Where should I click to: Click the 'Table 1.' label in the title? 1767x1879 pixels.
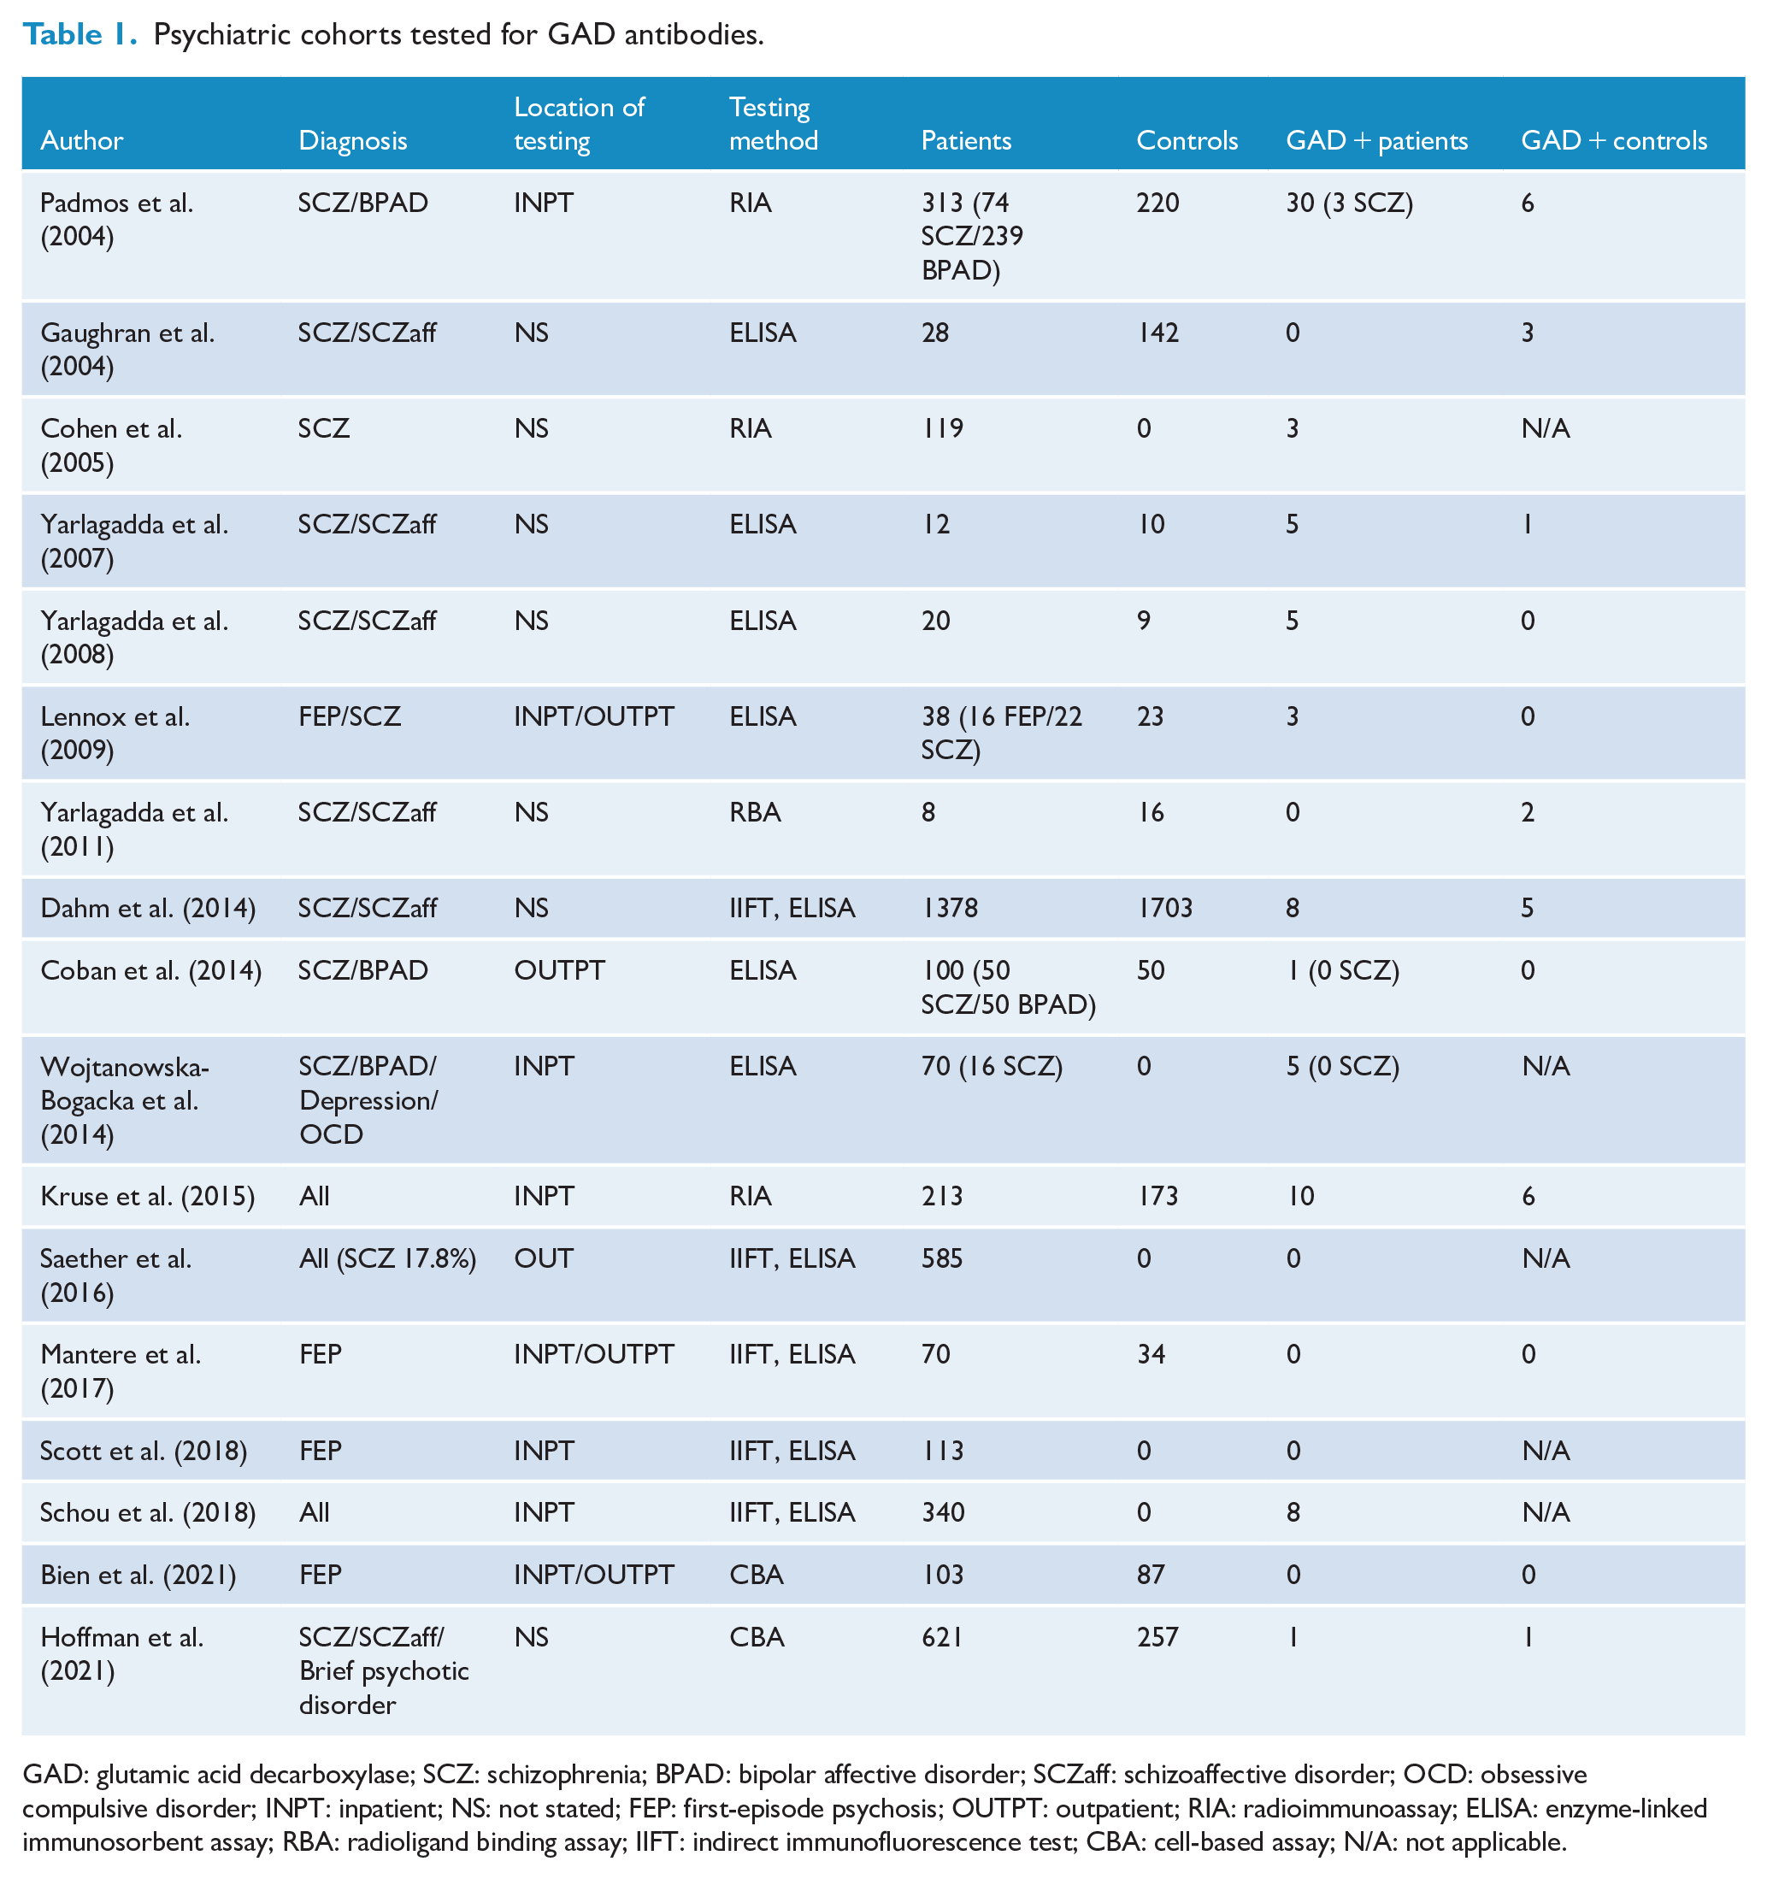80,34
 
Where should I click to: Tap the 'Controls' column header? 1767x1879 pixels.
1187,141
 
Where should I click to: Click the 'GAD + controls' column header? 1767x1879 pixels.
1614,141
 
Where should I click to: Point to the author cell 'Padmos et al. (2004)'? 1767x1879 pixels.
116,220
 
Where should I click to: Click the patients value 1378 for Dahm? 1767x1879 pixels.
950,909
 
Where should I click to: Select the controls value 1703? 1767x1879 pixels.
1165,909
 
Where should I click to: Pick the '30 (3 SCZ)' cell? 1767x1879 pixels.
1349,203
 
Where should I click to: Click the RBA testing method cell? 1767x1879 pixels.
755,813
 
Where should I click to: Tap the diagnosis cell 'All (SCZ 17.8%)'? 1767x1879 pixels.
387,1259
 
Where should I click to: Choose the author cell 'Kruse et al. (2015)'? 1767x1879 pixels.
147,1197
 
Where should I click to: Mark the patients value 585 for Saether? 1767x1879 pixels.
942,1259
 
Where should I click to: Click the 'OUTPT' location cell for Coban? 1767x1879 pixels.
559,970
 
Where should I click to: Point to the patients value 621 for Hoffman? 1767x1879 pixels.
942,1638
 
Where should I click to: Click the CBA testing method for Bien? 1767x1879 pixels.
757,1576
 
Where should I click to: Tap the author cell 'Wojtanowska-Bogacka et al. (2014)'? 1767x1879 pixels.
125,1101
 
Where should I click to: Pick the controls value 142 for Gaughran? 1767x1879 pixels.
1157,333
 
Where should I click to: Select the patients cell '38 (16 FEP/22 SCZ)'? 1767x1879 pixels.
1002,733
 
